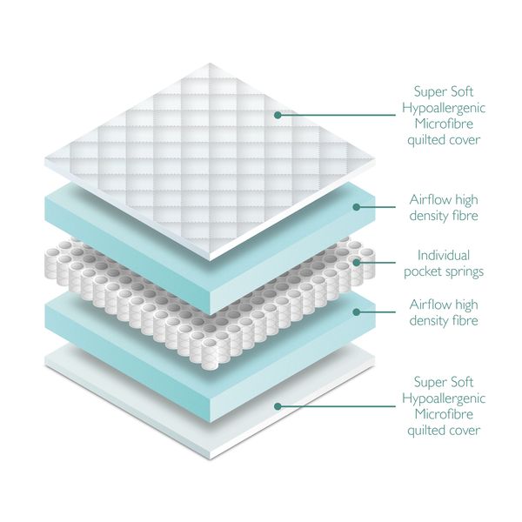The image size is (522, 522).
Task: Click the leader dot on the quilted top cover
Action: click(x=278, y=114)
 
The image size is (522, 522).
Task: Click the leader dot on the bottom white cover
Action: click(x=278, y=405)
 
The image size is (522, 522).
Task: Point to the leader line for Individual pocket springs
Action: click(x=380, y=262)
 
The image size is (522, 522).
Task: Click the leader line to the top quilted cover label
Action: click(x=339, y=114)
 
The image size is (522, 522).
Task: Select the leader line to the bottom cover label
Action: click(x=339, y=405)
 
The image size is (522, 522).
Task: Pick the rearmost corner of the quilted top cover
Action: click(x=209, y=64)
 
